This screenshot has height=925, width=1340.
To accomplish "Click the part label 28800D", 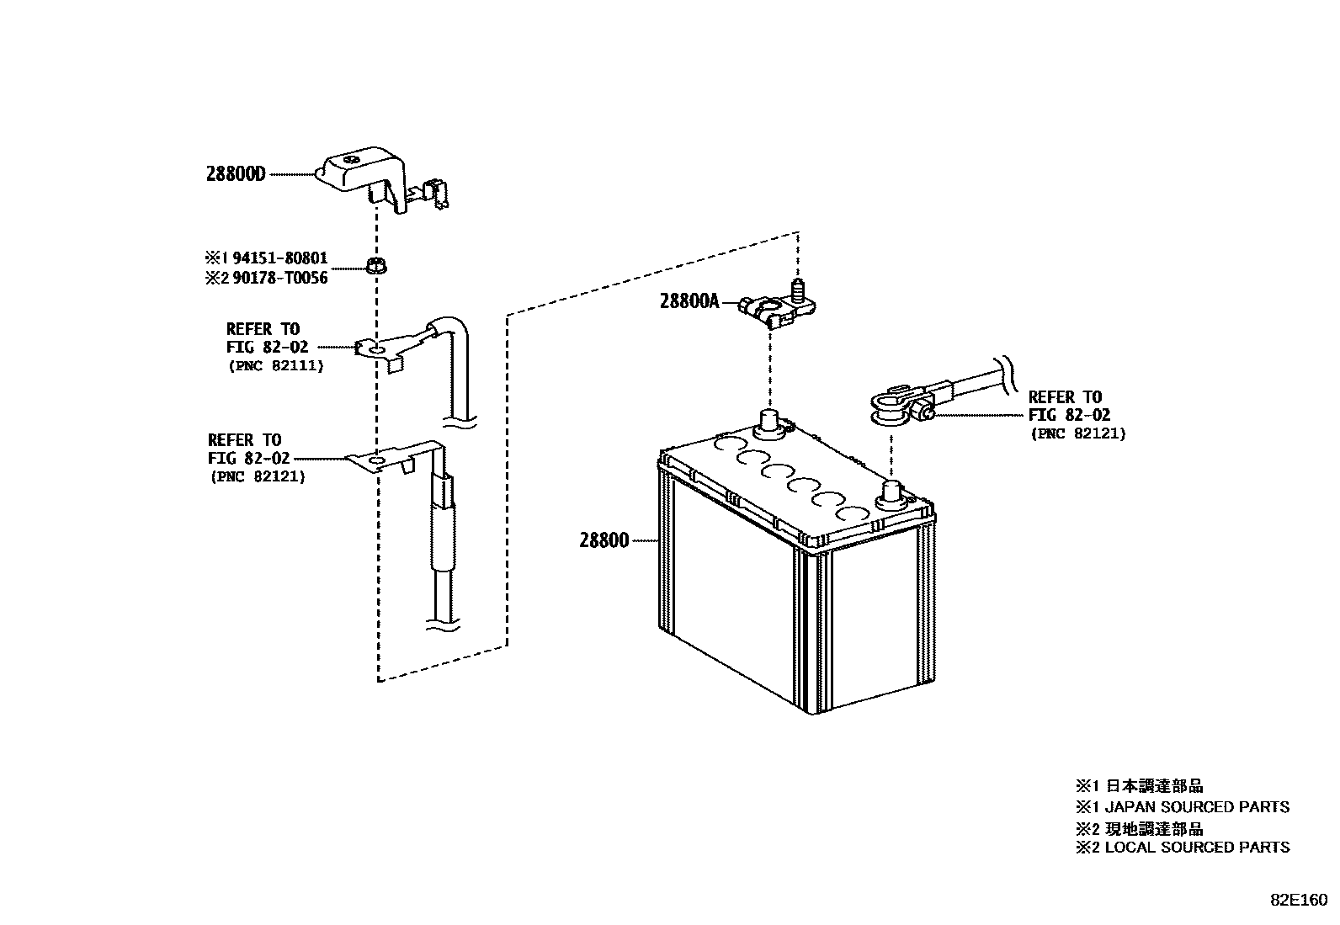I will pyautogui.click(x=235, y=174).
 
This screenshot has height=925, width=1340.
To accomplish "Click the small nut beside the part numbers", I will pyautogui.click(x=375, y=268).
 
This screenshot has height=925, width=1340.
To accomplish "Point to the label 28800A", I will pyautogui.click(x=689, y=301).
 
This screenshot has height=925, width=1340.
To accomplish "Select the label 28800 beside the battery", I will pyautogui.click(x=604, y=540).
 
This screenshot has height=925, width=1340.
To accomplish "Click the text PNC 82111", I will pyautogui.click(x=275, y=366).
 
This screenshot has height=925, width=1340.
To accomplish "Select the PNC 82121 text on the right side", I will pyautogui.click(x=1077, y=434).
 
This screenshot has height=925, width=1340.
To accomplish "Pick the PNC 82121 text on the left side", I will pyautogui.click(x=257, y=476).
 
